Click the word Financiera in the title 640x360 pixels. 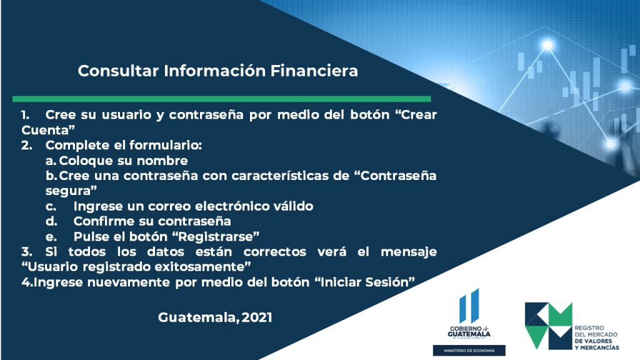click(x=314, y=71)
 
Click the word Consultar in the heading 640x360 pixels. click(x=118, y=71)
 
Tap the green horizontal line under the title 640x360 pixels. click(x=222, y=99)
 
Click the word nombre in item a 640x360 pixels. click(x=162, y=161)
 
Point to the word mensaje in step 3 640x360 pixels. click(x=409, y=252)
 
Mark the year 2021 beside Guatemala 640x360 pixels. click(x=257, y=317)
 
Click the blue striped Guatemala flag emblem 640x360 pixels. click(x=469, y=306)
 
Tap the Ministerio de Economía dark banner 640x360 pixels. click(x=469, y=351)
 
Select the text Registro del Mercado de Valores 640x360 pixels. click(x=596, y=334)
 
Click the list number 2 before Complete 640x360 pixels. click(x=26, y=145)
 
